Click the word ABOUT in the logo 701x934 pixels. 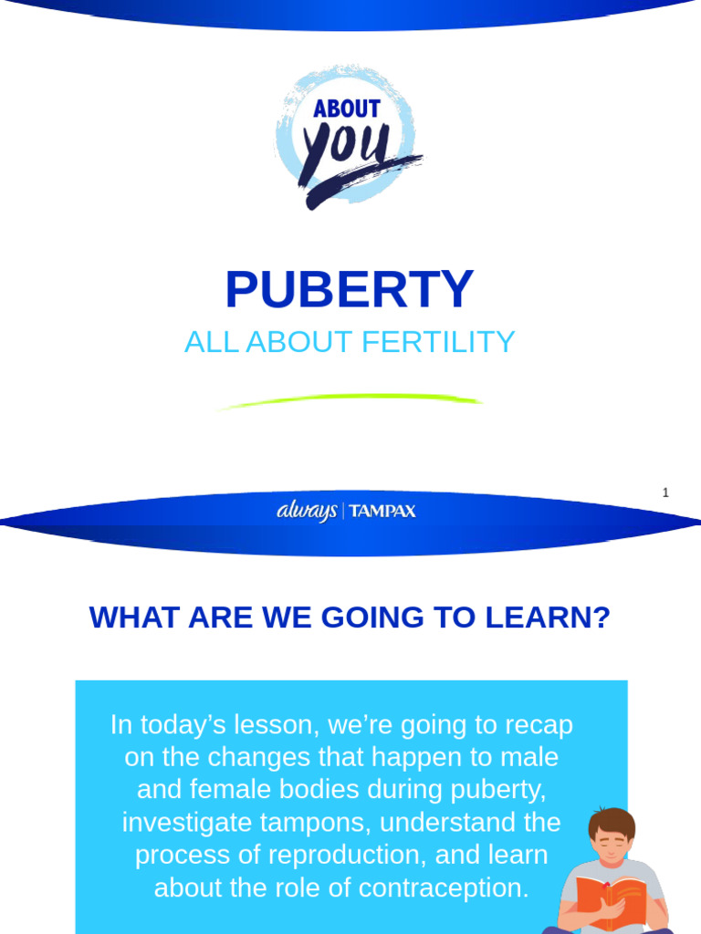347,109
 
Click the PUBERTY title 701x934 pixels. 350,290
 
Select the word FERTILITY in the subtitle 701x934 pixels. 438,342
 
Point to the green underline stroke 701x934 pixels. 350,400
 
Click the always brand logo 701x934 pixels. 307,512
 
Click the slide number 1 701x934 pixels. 665,493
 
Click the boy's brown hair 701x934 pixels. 611,820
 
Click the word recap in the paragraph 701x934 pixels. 540,725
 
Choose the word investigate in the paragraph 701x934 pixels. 177,822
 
